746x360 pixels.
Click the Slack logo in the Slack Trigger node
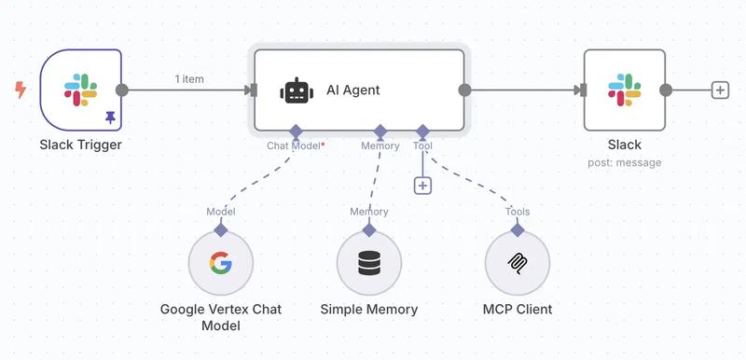point(79,90)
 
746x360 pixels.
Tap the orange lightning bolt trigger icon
point(20,90)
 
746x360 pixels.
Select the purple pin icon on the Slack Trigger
point(110,118)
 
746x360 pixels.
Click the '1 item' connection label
point(189,79)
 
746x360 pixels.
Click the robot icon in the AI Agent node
point(296,91)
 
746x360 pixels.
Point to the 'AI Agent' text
point(353,90)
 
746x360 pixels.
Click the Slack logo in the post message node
point(624,90)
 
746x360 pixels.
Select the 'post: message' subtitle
point(625,162)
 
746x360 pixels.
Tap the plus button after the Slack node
point(719,90)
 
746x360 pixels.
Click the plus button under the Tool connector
point(422,185)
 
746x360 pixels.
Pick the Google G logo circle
point(221,264)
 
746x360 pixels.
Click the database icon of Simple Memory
point(369,264)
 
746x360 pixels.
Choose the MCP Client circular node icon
point(518,264)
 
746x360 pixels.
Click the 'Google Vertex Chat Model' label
point(221,317)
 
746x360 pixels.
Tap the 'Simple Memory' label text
point(369,310)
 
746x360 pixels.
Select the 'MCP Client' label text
point(518,310)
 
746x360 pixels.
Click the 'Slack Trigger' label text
point(80,145)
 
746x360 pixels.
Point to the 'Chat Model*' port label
point(296,145)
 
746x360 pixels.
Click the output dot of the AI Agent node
point(464,90)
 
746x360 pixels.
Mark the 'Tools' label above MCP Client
point(518,212)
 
